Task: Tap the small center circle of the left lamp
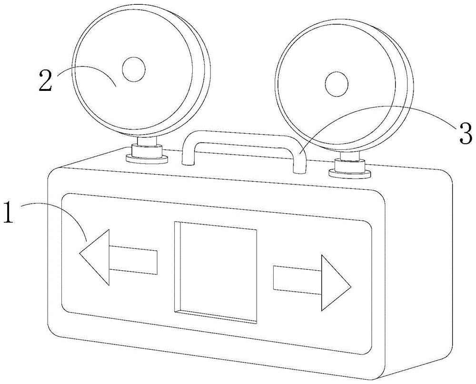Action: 133,69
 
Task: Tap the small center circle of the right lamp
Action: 337,84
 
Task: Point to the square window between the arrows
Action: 216,272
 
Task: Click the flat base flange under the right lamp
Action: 350,173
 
